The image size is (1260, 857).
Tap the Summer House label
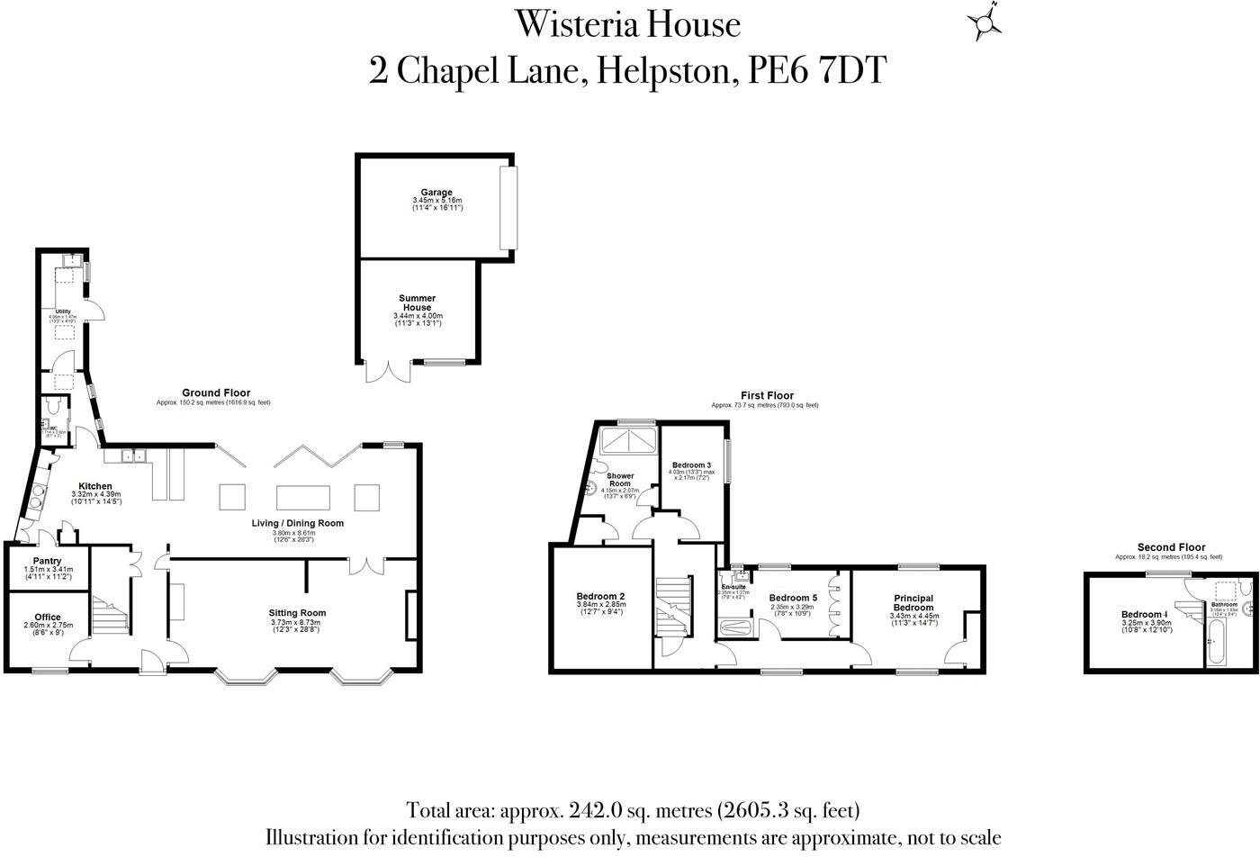[418, 303]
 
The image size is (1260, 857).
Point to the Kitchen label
[95, 486]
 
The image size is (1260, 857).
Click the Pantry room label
[47, 561]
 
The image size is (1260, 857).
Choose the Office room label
[47, 618]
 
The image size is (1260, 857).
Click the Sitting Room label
[298, 613]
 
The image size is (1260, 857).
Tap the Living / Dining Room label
[297, 523]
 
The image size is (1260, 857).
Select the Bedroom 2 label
[600, 596]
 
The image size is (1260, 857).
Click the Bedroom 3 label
[691, 465]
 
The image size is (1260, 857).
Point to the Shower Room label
[619, 480]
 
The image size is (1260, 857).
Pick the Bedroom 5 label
[793, 598]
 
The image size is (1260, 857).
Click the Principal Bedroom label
[913, 603]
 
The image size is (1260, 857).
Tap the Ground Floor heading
[216, 393]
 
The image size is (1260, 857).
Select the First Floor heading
[767, 395]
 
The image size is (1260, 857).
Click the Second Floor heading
[1171, 547]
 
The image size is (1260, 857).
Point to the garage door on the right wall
[509, 208]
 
